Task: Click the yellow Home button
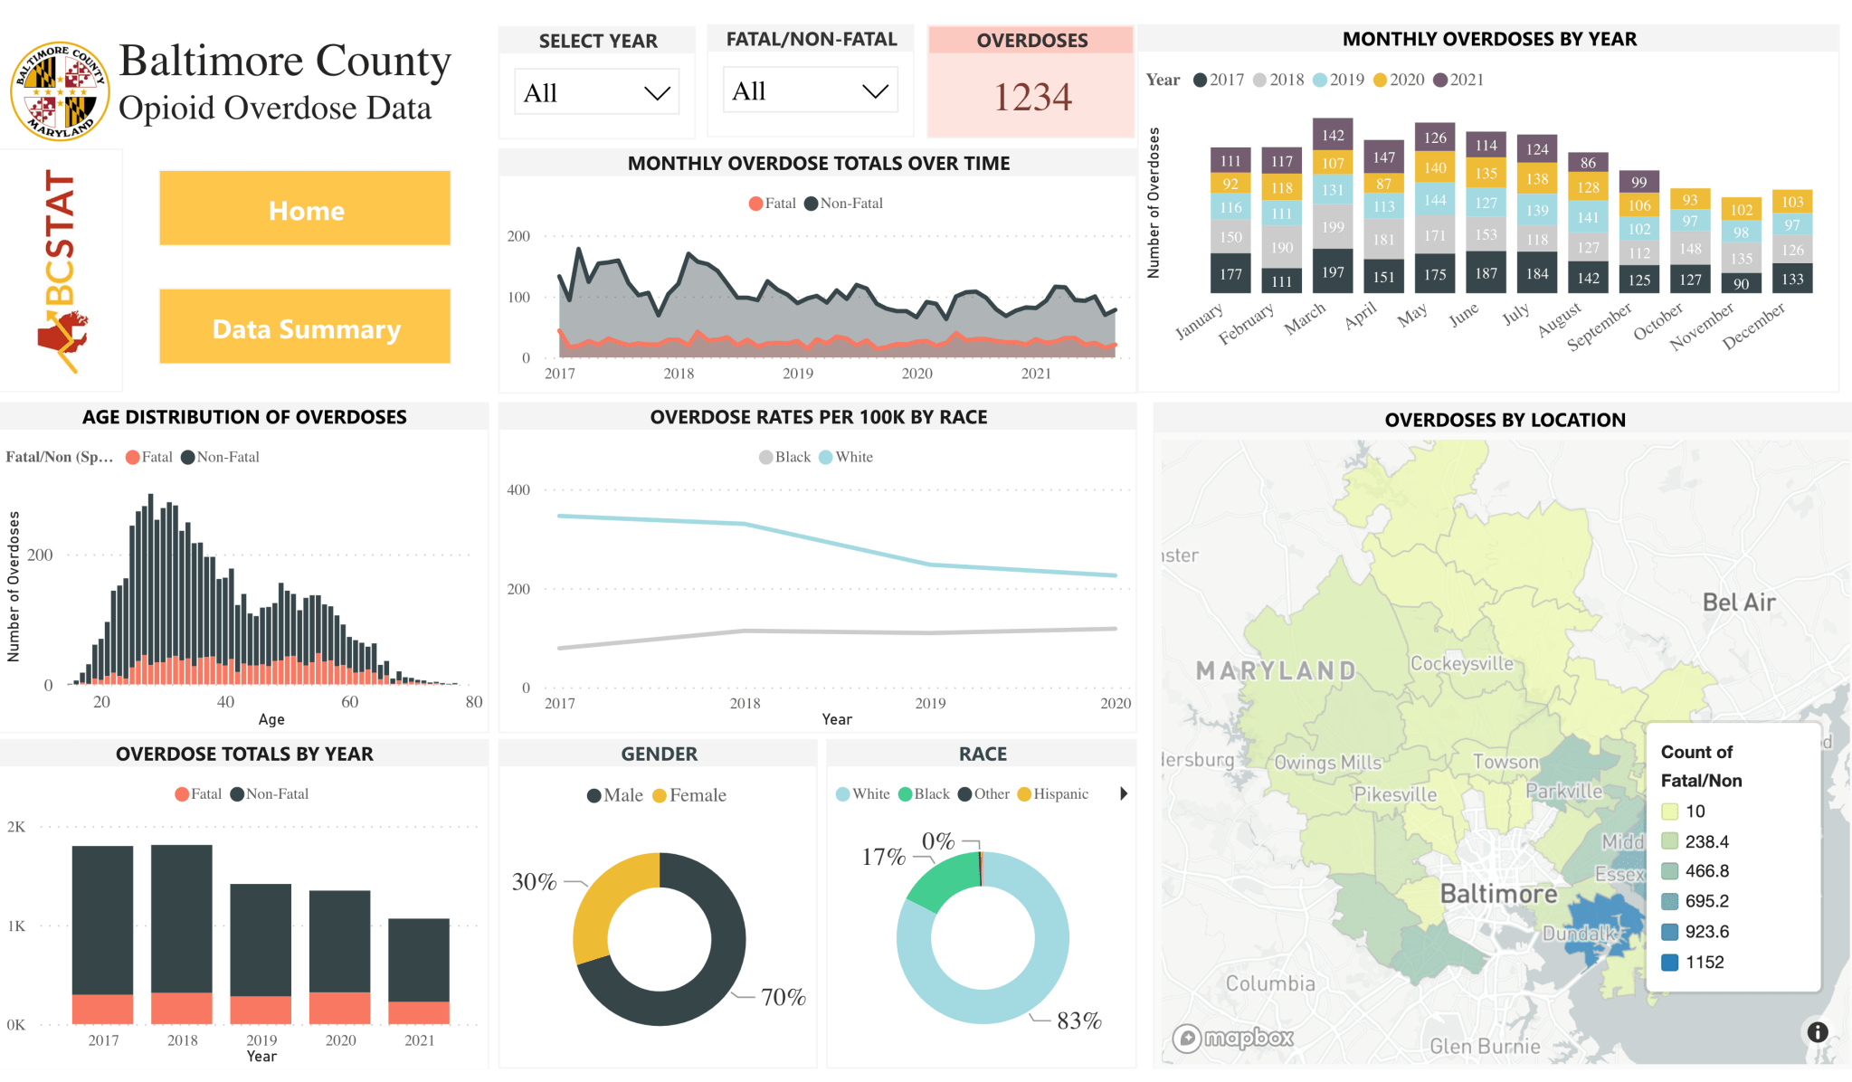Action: click(x=305, y=209)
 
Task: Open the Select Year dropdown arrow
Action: click(x=656, y=93)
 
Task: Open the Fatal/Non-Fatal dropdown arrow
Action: click(x=874, y=91)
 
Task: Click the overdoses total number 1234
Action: click(x=1031, y=97)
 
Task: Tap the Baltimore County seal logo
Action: click(x=60, y=90)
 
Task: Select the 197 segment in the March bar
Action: click(x=1333, y=271)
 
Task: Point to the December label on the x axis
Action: click(x=1754, y=325)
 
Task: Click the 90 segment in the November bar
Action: click(x=1741, y=283)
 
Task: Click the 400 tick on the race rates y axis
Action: click(x=518, y=489)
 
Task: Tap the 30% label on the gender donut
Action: click(x=534, y=881)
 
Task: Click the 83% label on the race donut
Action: click(x=1078, y=1020)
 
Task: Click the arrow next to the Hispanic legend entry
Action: click(x=1124, y=793)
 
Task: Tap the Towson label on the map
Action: click(x=1505, y=762)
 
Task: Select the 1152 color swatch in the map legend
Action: click(x=1670, y=962)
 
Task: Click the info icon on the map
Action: click(x=1817, y=1031)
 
